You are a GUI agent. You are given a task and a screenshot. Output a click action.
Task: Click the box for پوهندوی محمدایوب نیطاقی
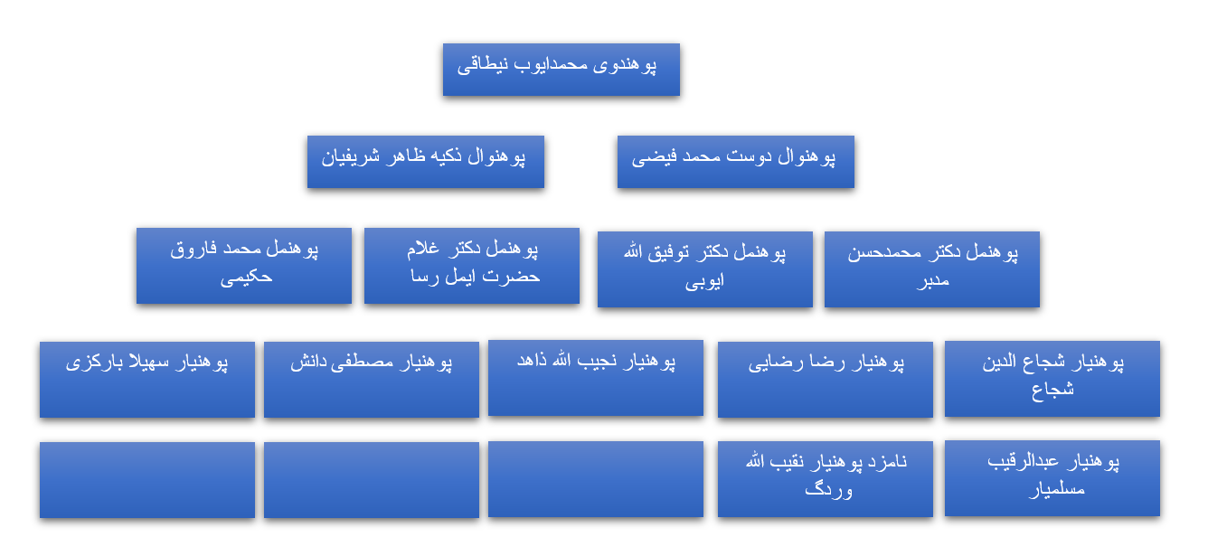pyautogui.click(x=561, y=70)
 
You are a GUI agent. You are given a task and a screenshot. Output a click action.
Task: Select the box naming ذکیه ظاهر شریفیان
pyautogui.click(x=425, y=162)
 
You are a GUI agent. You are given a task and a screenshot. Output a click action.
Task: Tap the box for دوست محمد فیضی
pyautogui.click(x=735, y=162)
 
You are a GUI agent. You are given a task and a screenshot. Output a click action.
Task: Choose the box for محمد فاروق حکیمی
pyautogui.click(x=243, y=265)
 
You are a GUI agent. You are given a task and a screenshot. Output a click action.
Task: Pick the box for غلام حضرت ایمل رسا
pyautogui.click(x=471, y=265)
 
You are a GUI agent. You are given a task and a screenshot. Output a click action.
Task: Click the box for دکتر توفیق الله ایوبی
pyautogui.click(x=704, y=269)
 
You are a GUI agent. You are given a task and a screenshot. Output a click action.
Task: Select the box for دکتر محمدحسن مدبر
pyautogui.click(x=931, y=269)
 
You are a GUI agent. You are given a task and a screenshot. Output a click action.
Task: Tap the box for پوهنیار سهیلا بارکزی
pyautogui.click(x=146, y=379)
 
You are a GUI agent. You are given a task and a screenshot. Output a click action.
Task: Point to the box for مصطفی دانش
pyautogui.click(x=371, y=379)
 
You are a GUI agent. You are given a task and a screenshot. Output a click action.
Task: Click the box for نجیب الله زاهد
pyautogui.click(x=595, y=378)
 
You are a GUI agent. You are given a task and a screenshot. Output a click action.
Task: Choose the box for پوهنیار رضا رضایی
pyautogui.click(x=825, y=379)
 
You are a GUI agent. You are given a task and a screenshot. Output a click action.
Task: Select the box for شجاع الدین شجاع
pyautogui.click(x=1052, y=379)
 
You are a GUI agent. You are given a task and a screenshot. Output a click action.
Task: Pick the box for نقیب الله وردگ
pyautogui.click(x=825, y=478)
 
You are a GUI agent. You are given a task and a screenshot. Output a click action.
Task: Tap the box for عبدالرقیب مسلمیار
pyautogui.click(x=1052, y=478)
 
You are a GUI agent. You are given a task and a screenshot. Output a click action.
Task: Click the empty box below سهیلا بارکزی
pyautogui.click(x=146, y=479)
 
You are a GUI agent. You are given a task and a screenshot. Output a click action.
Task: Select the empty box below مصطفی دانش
pyautogui.click(x=371, y=479)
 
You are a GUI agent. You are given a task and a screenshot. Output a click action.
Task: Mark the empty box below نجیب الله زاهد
pyautogui.click(x=595, y=479)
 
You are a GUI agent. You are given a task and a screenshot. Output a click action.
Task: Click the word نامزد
pyautogui.click(x=886, y=462)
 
